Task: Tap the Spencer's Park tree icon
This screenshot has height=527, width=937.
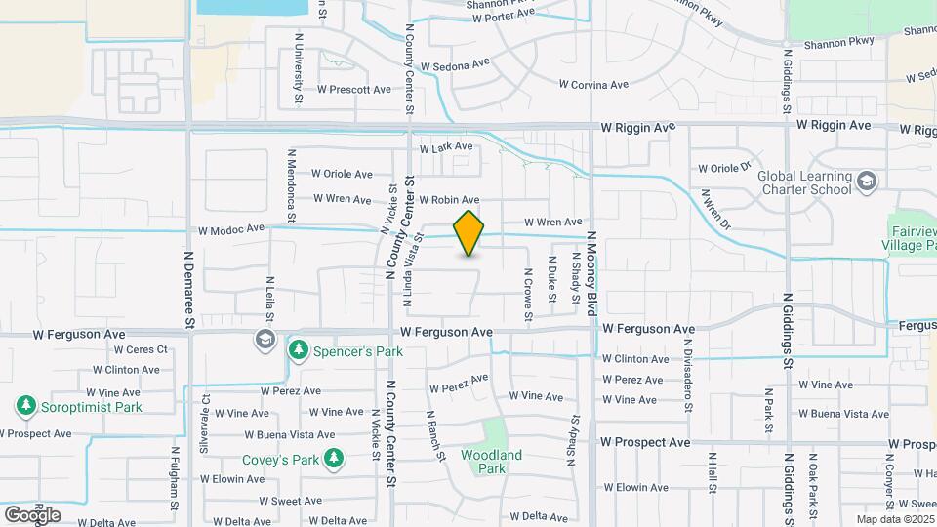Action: pyautogui.click(x=298, y=349)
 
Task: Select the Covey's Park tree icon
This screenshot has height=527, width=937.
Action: pyautogui.click(x=335, y=459)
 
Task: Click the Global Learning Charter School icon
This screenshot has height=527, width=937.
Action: pyautogui.click(x=866, y=182)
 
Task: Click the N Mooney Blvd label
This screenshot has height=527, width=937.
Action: pyautogui.click(x=591, y=273)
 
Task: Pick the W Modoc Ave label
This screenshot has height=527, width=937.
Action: pyautogui.click(x=231, y=230)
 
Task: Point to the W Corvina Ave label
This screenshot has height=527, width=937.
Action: pyautogui.click(x=593, y=85)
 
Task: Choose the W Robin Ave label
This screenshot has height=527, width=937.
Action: pyautogui.click(x=449, y=199)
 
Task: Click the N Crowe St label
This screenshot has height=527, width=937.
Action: pyautogui.click(x=527, y=295)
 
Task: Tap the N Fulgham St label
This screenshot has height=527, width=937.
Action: pyautogui.click(x=176, y=478)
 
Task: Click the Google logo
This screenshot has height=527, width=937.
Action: pyautogui.click(x=32, y=514)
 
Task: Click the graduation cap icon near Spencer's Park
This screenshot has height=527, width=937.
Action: pyautogui.click(x=264, y=340)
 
